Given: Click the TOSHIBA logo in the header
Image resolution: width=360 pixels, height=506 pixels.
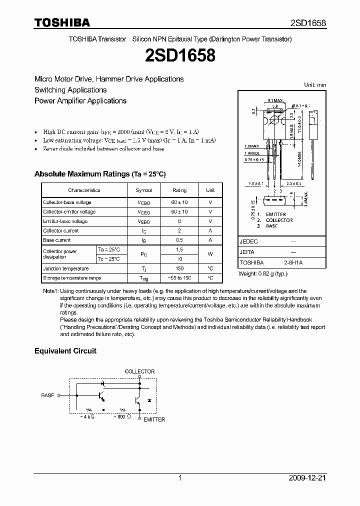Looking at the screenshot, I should (x=62, y=23).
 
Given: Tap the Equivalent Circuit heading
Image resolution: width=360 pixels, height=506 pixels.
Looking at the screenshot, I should (x=65, y=351).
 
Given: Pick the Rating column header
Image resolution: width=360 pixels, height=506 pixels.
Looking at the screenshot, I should (x=179, y=190).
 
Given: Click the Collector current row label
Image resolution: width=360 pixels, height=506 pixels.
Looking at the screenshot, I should (x=61, y=231).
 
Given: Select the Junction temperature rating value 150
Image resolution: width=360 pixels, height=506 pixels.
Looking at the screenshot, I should (x=179, y=268).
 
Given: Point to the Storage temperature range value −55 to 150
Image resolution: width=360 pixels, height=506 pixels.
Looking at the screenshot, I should (x=179, y=278).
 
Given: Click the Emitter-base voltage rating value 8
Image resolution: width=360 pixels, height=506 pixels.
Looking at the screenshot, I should (x=179, y=221).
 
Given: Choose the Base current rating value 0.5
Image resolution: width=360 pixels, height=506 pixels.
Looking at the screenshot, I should (x=179, y=240).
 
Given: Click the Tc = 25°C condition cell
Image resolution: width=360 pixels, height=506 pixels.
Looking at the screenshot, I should (x=108, y=259).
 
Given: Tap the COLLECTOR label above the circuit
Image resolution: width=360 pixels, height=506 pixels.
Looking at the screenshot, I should (x=139, y=371).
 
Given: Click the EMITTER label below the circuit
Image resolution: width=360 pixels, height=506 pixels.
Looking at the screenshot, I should (x=154, y=419).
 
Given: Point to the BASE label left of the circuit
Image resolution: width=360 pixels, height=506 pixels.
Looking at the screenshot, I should (x=47, y=395).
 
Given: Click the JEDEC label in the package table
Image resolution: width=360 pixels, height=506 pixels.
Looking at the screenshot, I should (x=249, y=241).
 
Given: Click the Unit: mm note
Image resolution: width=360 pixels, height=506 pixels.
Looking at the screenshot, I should (x=315, y=85).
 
